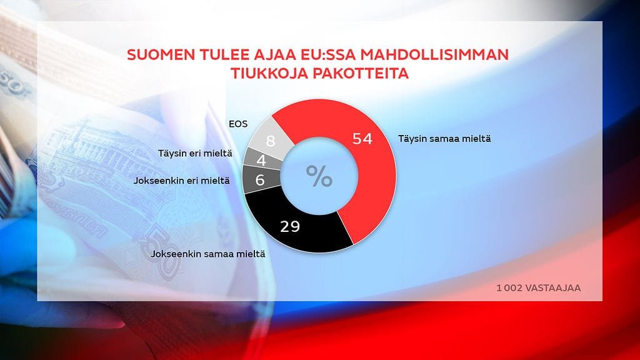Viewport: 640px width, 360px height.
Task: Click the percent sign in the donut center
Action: coord(319,176)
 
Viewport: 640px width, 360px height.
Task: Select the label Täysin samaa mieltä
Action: coord(444,139)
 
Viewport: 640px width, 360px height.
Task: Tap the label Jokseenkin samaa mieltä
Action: coord(208,254)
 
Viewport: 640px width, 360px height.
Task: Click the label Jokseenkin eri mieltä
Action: coord(182,181)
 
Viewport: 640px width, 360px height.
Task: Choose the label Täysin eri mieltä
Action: coord(195,154)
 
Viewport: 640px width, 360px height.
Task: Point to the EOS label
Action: coord(238,124)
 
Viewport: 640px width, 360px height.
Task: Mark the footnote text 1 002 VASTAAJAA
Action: coord(538,287)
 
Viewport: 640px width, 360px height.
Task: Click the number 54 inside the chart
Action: coord(362,139)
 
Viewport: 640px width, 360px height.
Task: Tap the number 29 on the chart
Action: coord(290,226)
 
